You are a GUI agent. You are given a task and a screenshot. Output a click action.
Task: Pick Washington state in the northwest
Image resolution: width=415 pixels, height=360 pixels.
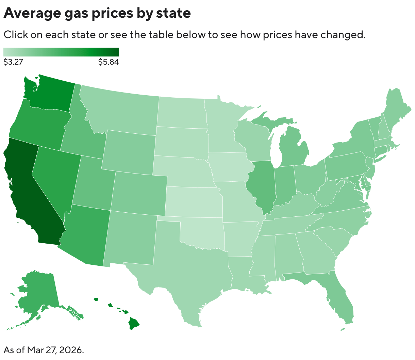(51, 94)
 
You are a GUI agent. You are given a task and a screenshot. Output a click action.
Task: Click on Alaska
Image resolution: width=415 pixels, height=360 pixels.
(37, 293)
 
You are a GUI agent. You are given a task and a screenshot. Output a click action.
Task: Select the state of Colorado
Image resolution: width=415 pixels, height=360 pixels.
(139, 192)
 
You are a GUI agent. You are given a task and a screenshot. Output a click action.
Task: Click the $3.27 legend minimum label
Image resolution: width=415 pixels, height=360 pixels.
(13, 62)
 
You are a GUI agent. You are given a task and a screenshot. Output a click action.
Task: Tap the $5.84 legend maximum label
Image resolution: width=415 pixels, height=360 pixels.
(109, 62)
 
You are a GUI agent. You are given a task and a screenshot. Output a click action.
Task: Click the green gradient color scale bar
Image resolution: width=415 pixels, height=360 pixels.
(61, 52)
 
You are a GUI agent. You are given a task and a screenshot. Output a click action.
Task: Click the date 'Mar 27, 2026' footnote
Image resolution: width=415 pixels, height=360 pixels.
(55, 350)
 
